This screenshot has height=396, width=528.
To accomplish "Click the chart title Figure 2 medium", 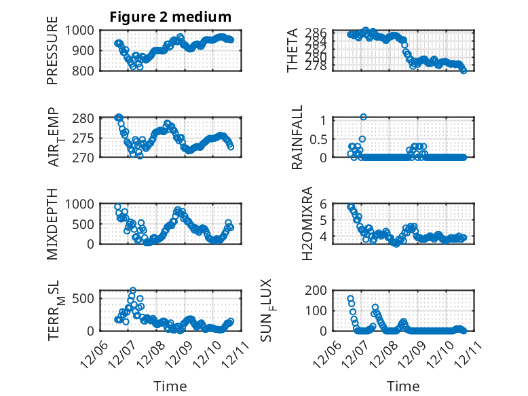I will [x=170, y=17].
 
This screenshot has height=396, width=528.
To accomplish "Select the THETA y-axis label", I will [x=293, y=50].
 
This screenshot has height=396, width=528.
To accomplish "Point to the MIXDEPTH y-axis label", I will [x=53, y=224].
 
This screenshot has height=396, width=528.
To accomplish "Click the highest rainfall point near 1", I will [x=364, y=117].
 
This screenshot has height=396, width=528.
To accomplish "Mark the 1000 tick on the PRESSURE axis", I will [x=82, y=31].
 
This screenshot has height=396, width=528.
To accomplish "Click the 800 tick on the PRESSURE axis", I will [x=86, y=70].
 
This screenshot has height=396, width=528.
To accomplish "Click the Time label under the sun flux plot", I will [x=403, y=386].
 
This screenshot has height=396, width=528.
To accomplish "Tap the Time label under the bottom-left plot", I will [x=170, y=386].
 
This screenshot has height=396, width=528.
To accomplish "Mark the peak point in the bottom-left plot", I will [x=133, y=291].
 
